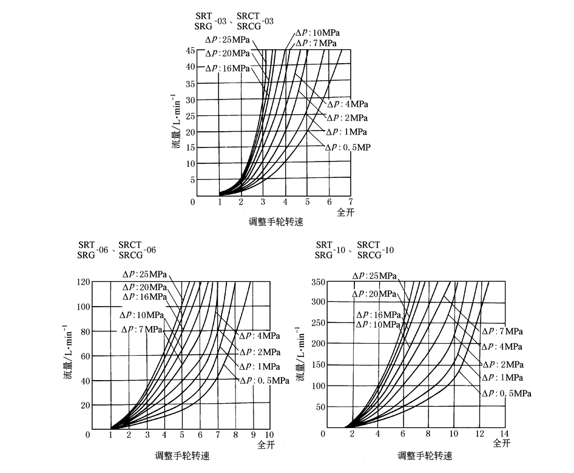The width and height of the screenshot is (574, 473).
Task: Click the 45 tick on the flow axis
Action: point(190,51)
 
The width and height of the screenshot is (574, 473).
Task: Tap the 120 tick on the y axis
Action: point(83,282)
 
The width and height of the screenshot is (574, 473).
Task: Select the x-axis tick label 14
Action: point(503,434)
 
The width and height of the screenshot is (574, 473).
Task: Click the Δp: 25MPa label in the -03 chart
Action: point(228,40)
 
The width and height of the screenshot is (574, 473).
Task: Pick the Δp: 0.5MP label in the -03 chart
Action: point(347,147)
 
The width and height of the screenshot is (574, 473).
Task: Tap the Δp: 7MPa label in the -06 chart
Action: point(141,329)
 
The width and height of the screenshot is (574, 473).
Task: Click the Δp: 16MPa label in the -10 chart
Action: point(378,315)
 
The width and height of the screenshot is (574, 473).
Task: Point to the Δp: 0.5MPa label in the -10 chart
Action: point(507,393)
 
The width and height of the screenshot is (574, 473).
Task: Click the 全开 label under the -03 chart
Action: point(346,211)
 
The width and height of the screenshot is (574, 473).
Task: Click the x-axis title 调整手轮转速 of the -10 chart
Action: point(425,455)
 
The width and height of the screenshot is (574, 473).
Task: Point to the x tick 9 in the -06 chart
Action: point(253,435)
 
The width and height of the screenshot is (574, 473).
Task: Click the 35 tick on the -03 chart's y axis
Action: point(190,83)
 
